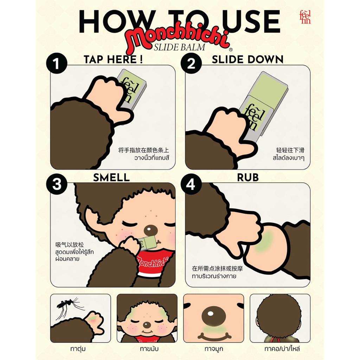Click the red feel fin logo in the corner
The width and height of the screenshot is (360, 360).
tap(306, 17)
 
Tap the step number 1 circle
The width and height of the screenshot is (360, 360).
tap(57, 63)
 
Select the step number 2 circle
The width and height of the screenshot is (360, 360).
tap(191, 63)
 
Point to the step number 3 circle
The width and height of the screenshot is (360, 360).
tap(57, 184)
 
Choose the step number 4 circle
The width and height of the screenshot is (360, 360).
tap(191, 184)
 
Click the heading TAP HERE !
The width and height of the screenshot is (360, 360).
tap(113, 59)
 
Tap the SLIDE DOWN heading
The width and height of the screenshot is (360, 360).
tap(247, 59)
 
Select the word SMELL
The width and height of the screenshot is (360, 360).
tap(111, 178)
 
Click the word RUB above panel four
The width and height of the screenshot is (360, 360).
tap(248, 178)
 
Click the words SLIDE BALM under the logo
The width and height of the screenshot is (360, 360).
tap(180, 47)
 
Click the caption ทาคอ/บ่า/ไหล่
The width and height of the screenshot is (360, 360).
tap(282, 349)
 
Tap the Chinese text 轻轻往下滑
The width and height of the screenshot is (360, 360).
tap(290, 150)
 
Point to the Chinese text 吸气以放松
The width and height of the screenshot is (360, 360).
tap(70, 245)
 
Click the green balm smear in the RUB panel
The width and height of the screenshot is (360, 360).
tap(264, 241)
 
